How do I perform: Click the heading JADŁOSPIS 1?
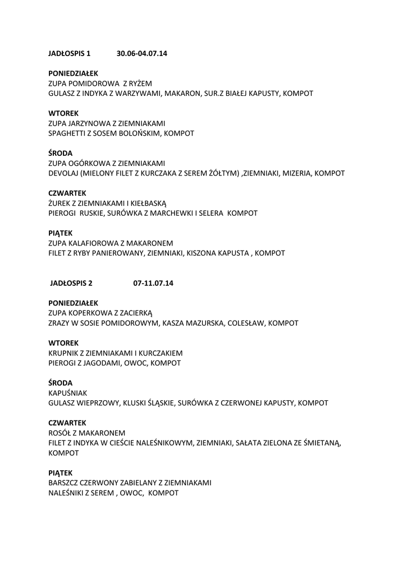pyautogui.click(x=69, y=54)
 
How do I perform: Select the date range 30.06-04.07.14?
pyautogui.click(x=142, y=54)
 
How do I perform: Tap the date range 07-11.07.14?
pyautogui.click(x=153, y=283)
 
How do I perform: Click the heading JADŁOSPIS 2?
pyautogui.click(x=71, y=283)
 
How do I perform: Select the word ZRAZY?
pyautogui.click(x=60, y=323)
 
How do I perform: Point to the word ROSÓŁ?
pyautogui.click(x=60, y=433)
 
